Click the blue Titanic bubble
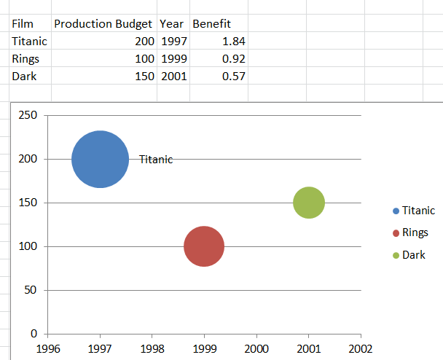100,159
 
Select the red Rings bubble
204,246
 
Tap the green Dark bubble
309,203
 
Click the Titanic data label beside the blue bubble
156,160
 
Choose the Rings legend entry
415,232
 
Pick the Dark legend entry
413,255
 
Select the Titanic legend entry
417,210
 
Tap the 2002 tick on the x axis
361,348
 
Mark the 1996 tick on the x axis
48,348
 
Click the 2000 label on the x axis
256,348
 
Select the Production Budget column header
103,24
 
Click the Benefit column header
216,24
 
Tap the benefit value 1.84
233,42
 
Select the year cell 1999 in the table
173,58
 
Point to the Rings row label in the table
26,58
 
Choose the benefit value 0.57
233,76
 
